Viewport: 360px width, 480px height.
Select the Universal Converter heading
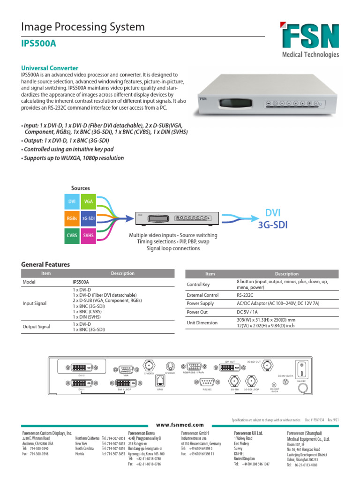click(50, 68)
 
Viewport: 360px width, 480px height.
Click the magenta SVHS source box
click(88, 235)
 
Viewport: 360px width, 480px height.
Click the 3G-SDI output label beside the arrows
click(272, 225)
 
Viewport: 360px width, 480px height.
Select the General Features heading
click(45, 264)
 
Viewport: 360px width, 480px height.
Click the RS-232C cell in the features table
click(245, 295)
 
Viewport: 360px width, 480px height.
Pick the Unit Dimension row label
click(202, 322)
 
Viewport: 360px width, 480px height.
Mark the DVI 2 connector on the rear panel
click(81, 368)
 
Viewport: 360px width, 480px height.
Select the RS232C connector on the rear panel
click(208, 382)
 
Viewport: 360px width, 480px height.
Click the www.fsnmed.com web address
click(180, 424)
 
